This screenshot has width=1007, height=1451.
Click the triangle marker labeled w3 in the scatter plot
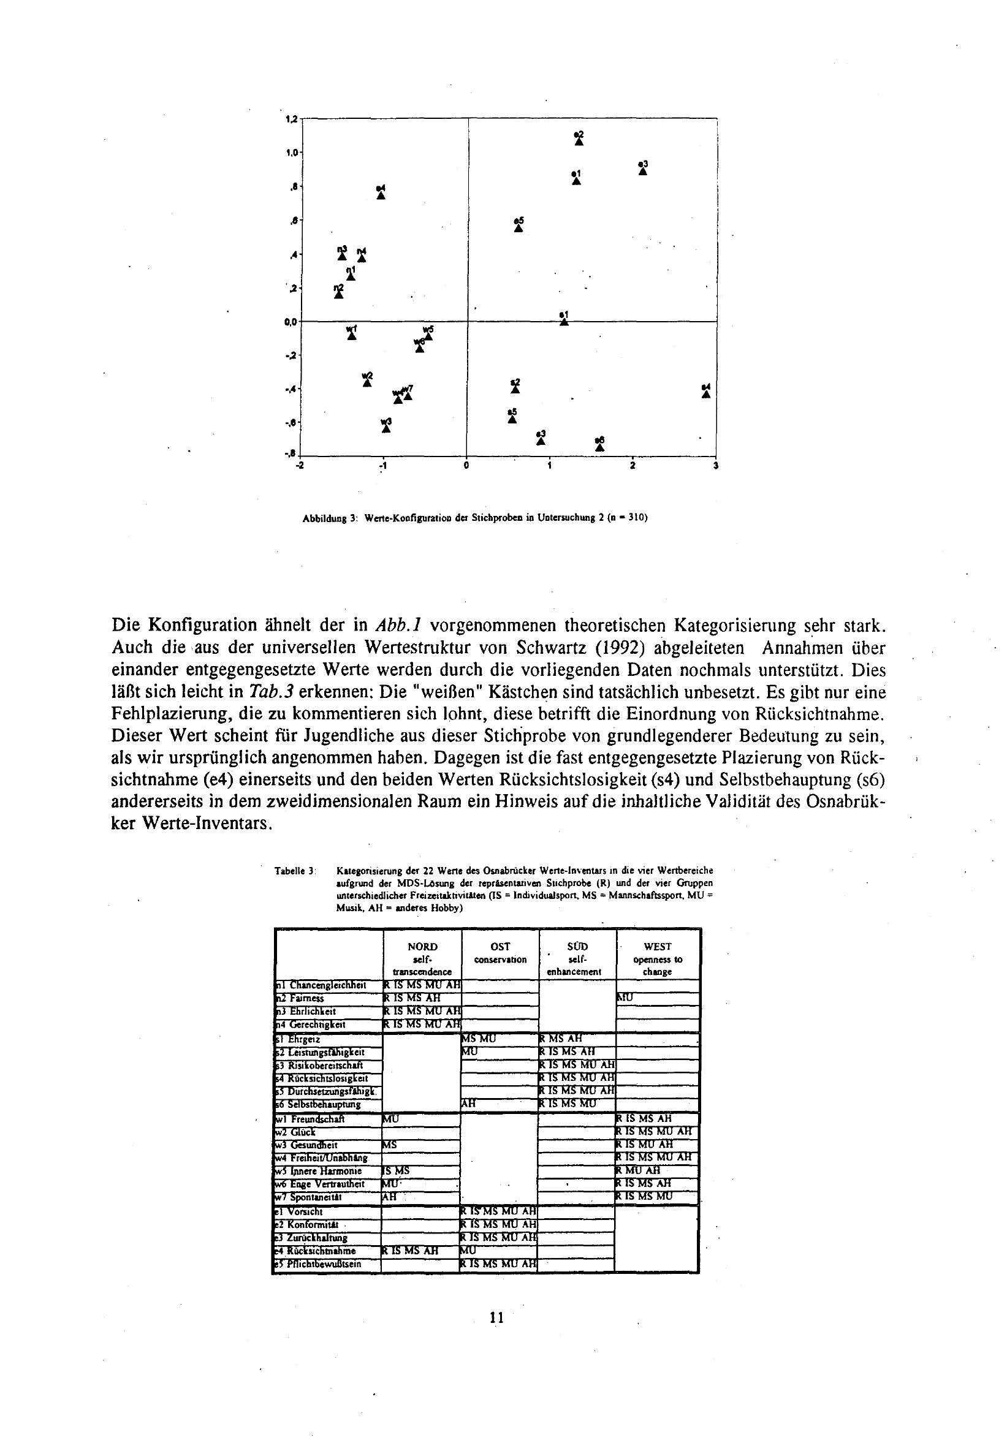point(386,428)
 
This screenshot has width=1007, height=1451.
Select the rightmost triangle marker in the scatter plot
point(706,393)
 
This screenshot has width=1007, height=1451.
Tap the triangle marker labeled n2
point(339,294)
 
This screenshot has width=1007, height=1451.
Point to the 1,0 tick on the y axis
point(293,153)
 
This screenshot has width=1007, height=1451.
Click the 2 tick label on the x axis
point(633,466)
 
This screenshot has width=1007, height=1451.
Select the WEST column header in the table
point(658,946)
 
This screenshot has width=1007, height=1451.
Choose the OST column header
point(500,946)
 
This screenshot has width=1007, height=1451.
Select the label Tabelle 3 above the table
point(295,871)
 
